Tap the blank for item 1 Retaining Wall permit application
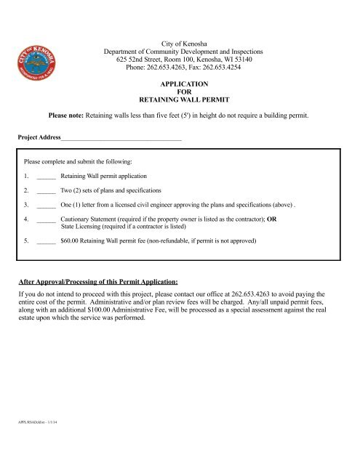tap(46, 177)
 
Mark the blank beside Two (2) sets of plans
tap(46, 191)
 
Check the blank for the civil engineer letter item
tap(46, 206)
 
